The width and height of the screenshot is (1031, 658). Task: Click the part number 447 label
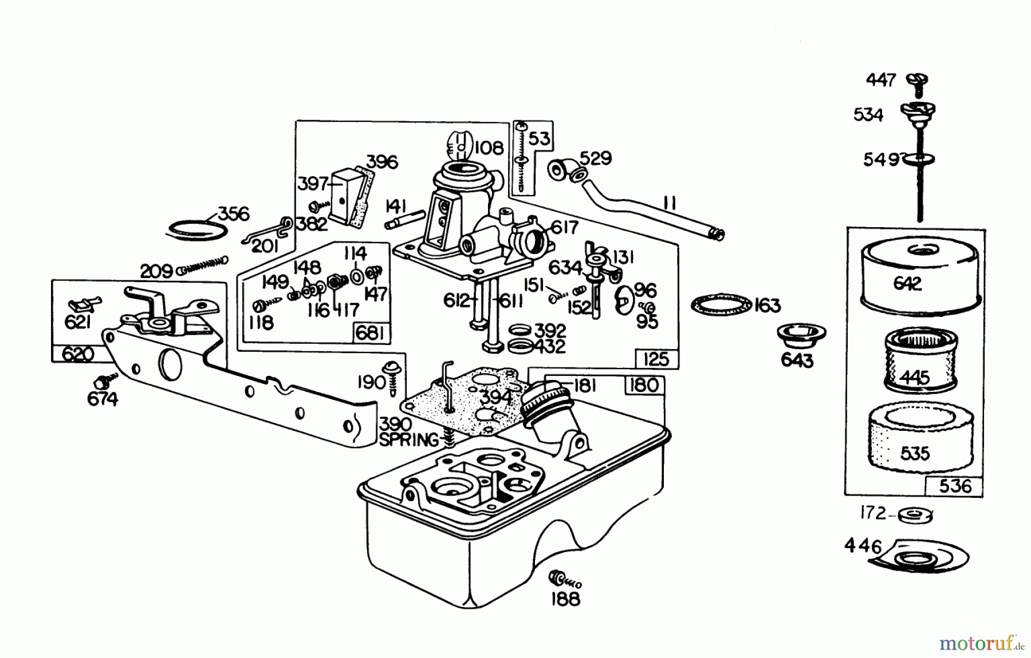(880, 80)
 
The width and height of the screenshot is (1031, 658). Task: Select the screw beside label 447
(917, 82)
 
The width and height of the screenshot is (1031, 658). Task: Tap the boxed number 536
(955, 486)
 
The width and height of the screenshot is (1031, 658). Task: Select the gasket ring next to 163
(721, 304)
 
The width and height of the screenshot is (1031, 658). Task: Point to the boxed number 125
(656, 359)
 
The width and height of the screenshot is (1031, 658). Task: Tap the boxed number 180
(644, 385)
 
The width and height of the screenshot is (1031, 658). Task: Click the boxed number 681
(370, 333)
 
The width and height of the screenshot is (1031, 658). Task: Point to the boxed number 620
(77, 354)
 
